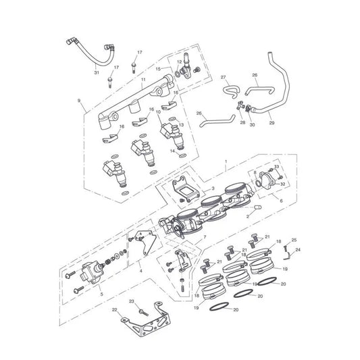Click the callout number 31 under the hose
pyautogui.click(x=97, y=72)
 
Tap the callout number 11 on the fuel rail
pyautogui.click(x=143, y=80)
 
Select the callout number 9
pyautogui.click(x=79, y=101)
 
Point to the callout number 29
pyautogui.click(x=272, y=123)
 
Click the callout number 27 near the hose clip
pyautogui.click(x=223, y=77)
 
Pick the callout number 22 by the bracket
pyautogui.click(x=114, y=310)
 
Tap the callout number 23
pyautogui.click(x=131, y=301)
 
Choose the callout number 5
pyautogui.click(x=102, y=294)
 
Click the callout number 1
pyautogui.click(x=226, y=161)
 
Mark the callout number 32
pyautogui.click(x=282, y=184)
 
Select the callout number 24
pyautogui.click(x=298, y=249)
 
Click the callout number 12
pyautogui.click(x=180, y=61)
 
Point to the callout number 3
pyautogui.click(x=213, y=188)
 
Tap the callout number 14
pyautogui.click(x=173, y=151)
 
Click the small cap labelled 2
pyautogui.click(x=258, y=207)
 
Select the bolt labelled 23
pyautogui.click(x=144, y=312)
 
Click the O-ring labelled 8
pyautogui.click(x=258, y=183)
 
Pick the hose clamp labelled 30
pyautogui.click(x=248, y=108)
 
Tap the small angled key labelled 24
pyautogui.click(x=286, y=257)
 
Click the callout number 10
pyautogui.click(x=158, y=112)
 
